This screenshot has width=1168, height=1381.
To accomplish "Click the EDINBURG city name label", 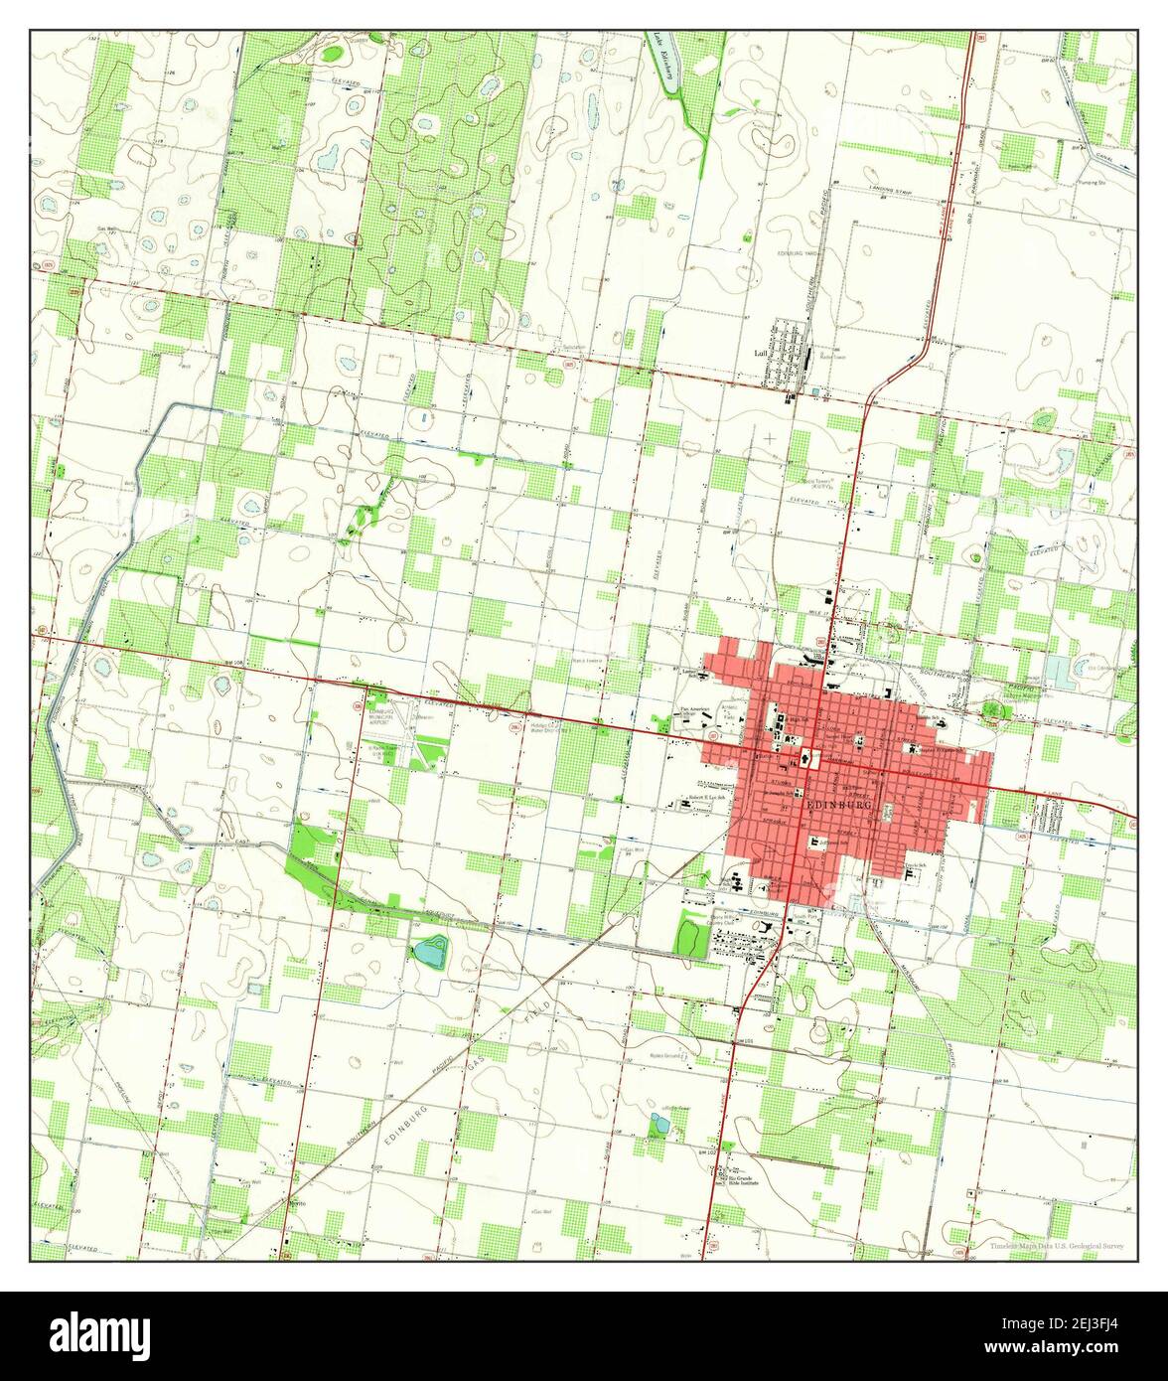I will (x=840, y=804).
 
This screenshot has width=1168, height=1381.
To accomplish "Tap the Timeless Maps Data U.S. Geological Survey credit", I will (x=1057, y=1245).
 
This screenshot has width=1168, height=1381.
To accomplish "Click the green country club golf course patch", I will (x=687, y=936).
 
